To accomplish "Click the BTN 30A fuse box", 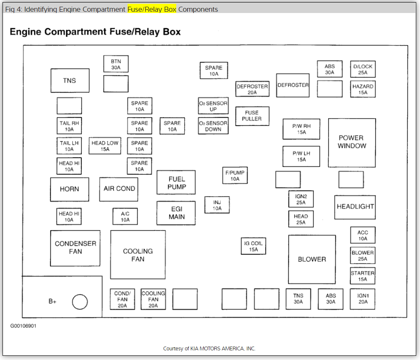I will [x=116, y=64].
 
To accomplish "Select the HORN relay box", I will [x=69, y=189].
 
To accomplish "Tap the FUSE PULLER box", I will [x=252, y=116].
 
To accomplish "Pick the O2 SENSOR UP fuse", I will [x=213, y=106].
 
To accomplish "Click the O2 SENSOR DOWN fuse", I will [x=213, y=126].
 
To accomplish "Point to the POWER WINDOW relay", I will [x=352, y=142].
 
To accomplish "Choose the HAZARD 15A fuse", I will [x=363, y=89].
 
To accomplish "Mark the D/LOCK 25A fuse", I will [x=363, y=69].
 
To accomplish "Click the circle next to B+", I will [x=80, y=301].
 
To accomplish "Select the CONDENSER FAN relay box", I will [x=75, y=248].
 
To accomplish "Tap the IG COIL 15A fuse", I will [x=253, y=246].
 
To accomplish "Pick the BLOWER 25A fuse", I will [x=363, y=256].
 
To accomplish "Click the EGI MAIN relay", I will [x=176, y=213].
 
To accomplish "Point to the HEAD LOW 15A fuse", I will [x=105, y=146].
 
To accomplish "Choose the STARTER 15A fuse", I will [x=363, y=276].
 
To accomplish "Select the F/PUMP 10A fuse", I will [x=235, y=176].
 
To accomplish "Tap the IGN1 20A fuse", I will [x=363, y=298].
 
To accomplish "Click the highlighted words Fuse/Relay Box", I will [x=152, y=9].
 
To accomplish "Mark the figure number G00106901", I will [x=23, y=326].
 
